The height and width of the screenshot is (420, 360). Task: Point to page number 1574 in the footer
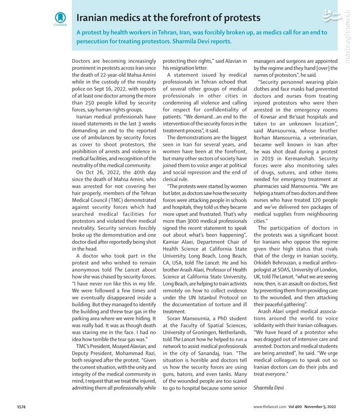(21, 406)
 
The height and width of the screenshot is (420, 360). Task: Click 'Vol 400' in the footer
(295, 406)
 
